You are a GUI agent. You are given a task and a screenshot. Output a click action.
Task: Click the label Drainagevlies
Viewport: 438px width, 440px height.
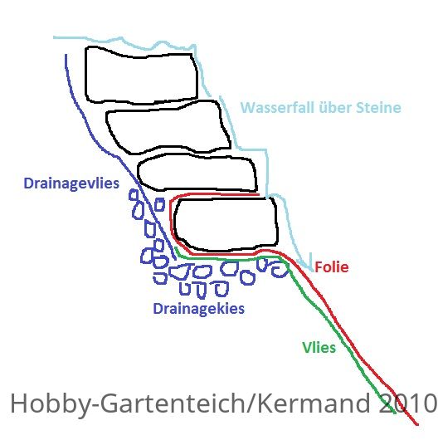pos(71,183)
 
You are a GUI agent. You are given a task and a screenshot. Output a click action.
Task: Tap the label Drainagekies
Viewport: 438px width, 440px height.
pos(199,309)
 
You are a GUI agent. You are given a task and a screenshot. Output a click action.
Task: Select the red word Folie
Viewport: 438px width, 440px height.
pos(332,266)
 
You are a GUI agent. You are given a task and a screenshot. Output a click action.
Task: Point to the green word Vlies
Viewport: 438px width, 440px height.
pos(319,348)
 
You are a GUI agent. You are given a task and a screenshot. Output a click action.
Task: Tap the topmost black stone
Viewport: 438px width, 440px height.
pos(142,76)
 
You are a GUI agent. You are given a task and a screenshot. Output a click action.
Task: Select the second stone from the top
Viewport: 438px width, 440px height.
pos(168,127)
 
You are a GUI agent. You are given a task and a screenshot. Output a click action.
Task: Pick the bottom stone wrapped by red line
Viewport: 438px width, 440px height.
pos(226,224)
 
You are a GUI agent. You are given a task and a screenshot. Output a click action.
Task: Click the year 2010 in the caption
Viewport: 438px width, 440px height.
pos(407,403)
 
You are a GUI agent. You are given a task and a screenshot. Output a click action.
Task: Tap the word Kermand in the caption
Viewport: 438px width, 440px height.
pos(314,403)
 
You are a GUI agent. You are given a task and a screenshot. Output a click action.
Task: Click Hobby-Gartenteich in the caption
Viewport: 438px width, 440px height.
pos(128,404)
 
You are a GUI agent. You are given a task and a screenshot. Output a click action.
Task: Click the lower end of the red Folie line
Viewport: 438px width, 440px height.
pos(417,424)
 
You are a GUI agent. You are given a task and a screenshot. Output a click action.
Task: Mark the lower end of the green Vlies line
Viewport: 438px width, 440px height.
pos(395,413)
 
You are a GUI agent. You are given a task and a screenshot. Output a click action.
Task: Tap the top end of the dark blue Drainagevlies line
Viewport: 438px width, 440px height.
pos(66,55)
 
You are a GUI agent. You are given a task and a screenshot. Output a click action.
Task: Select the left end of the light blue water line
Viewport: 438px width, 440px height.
pos(54,37)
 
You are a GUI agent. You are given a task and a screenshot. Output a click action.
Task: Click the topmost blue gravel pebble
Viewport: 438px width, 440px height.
pos(134,195)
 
